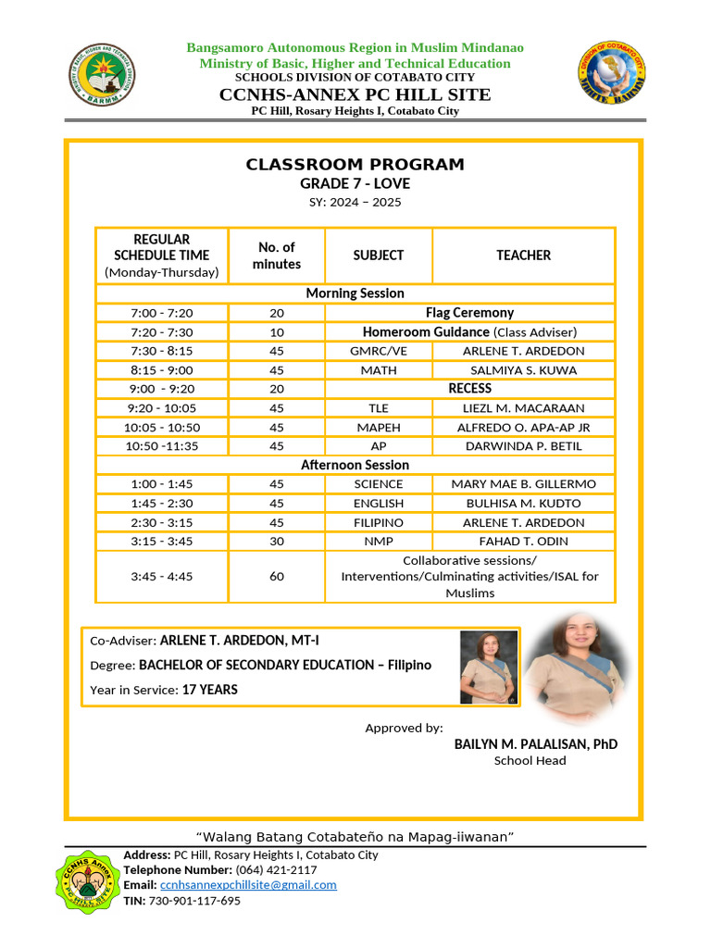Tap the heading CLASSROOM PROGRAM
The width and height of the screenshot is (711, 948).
tap(355, 165)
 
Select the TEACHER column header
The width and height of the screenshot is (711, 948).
tap(523, 255)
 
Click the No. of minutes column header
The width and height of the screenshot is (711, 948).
tap(277, 255)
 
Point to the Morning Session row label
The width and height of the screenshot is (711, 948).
tap(355, 293)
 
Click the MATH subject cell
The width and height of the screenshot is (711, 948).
tap(379, 369)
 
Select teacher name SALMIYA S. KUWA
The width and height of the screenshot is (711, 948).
tap(523, 369)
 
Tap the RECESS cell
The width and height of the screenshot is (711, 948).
tap(469, 388)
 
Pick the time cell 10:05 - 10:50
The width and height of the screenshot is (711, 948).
tap(162, 427)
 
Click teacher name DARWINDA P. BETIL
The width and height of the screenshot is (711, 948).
tap(523, 445)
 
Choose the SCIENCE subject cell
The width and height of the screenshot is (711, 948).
tap(379, 484)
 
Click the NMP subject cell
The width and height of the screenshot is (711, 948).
tap(379, 541)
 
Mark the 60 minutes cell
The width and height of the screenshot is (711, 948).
tap(277, 576)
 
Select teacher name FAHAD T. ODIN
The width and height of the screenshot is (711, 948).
tap(523, 541)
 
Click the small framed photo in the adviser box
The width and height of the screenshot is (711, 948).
tap(488, 667)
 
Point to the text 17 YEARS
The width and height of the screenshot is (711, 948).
tap(209, 690)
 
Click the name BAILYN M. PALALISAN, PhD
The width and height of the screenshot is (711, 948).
tap(535, 744)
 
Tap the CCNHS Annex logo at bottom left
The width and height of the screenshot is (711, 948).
tap(91, 880)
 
